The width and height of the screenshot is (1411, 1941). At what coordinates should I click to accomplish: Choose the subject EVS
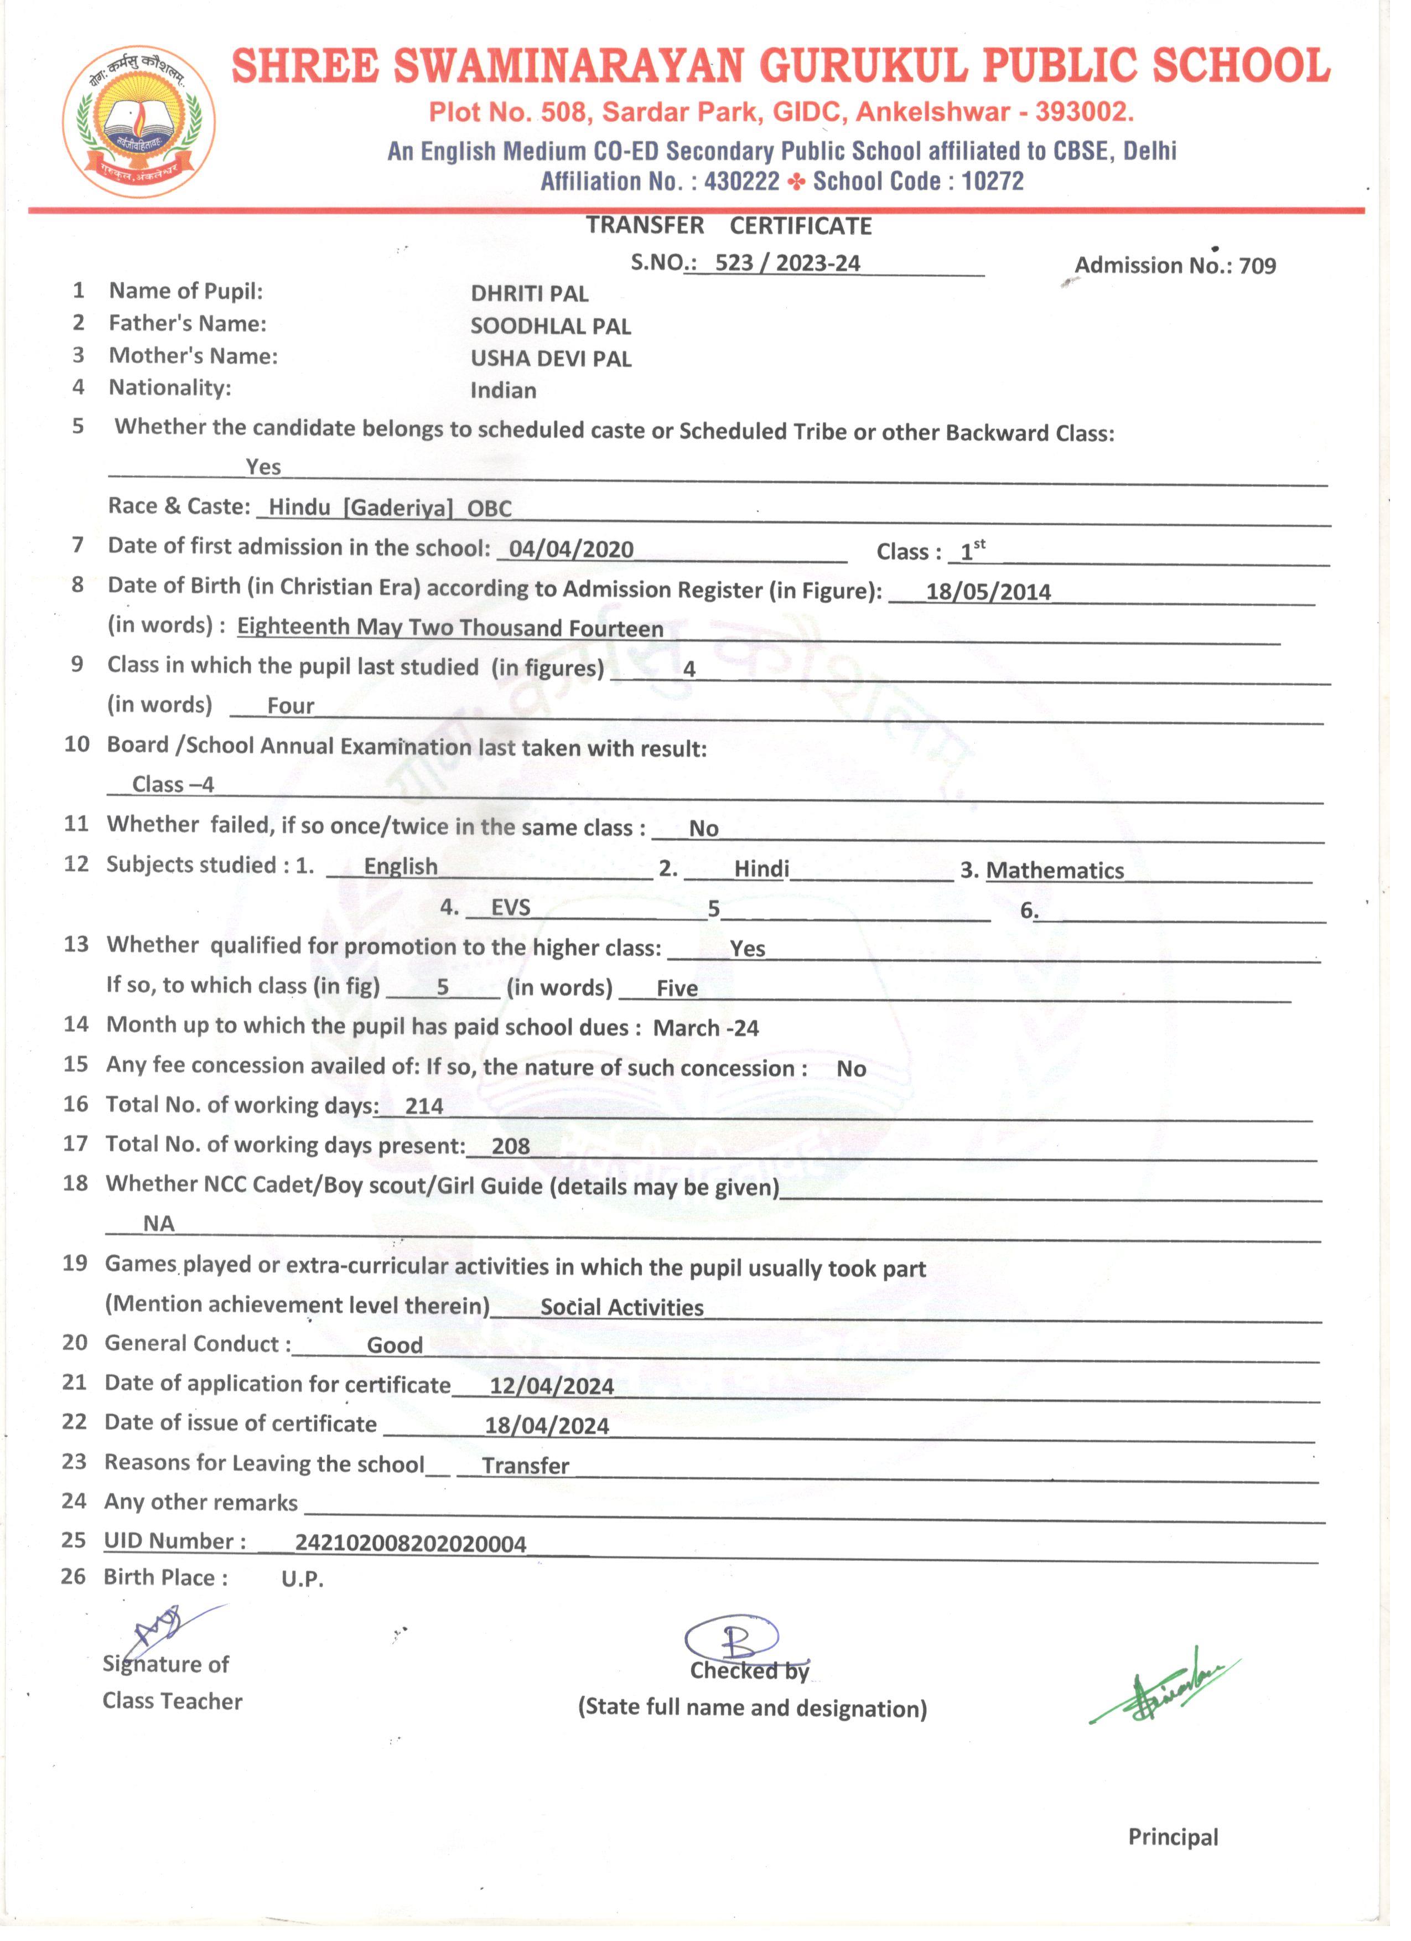click(x=510, y=908)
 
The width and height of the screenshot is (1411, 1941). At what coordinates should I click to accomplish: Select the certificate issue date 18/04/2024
click(x=546, y=1426)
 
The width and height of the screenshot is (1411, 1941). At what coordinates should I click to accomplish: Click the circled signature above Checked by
click(x=732, y=1638)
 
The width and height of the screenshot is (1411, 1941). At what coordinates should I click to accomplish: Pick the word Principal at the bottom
click(x=1173, y=1838)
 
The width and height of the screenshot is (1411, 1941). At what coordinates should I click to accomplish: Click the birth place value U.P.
click(x=302, y=1579)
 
